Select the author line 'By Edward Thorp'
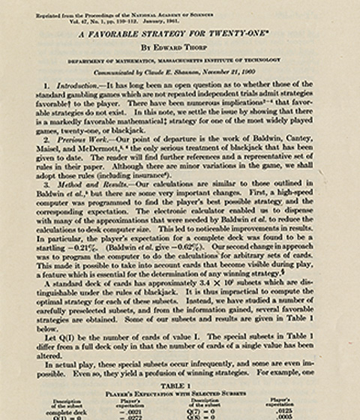178,46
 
